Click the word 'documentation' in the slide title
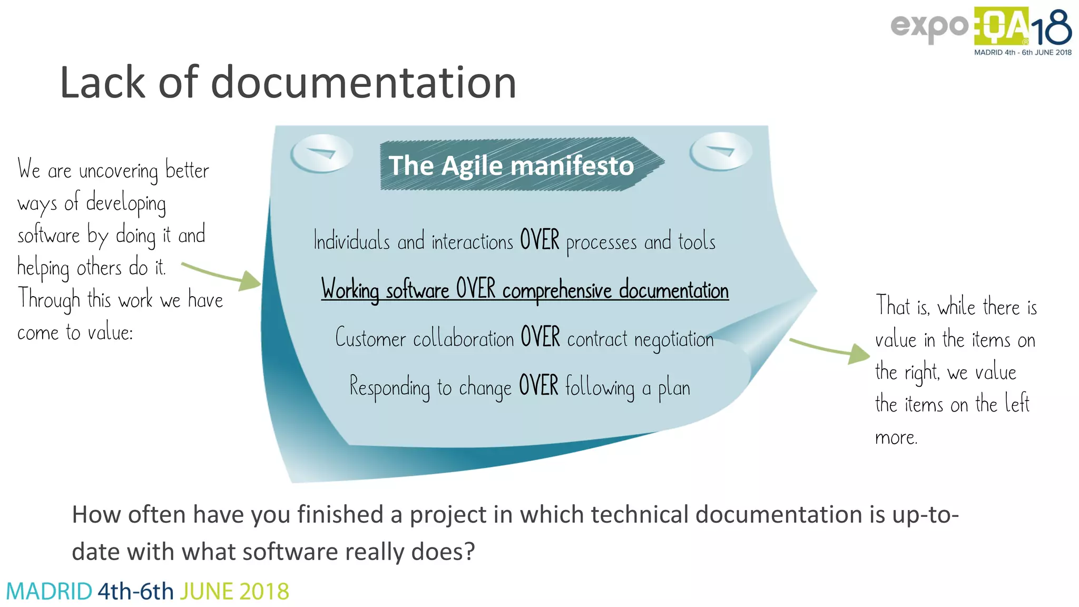pos(364,83)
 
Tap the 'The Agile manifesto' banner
pos(511,165)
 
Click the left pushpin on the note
pos(321,153)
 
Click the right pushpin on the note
pos(721,151)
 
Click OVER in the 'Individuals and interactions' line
pos(539,240)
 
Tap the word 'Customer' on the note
pos(371,338)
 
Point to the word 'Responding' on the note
pos(389,387)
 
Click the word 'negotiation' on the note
pos(674,339)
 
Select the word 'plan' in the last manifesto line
pos(674,388)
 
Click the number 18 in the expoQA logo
pos(1051,29)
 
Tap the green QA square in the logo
pos(1001,26)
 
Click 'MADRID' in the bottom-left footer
pos(49,591)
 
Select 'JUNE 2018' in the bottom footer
pos(234,591)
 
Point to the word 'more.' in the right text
pos(896,437)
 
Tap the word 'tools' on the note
pos(697,242)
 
